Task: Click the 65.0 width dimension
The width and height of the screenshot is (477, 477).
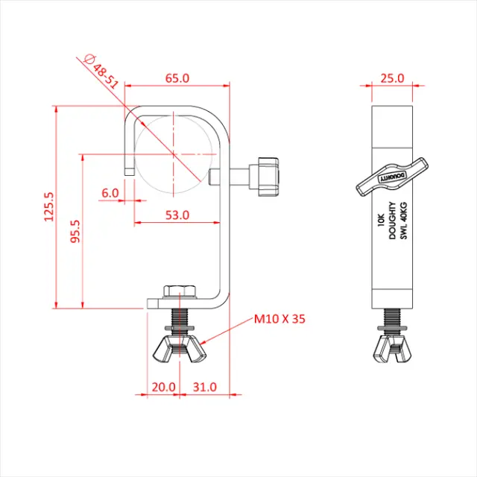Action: point(177,78)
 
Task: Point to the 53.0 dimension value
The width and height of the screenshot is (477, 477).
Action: point(177,215)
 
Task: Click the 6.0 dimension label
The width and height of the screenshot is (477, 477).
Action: point(111,192)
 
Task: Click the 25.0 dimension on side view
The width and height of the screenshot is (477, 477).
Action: point(392,78)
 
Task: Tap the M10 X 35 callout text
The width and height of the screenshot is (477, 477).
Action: point(279,319)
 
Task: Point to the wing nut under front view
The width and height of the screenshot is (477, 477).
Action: point(180,349)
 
